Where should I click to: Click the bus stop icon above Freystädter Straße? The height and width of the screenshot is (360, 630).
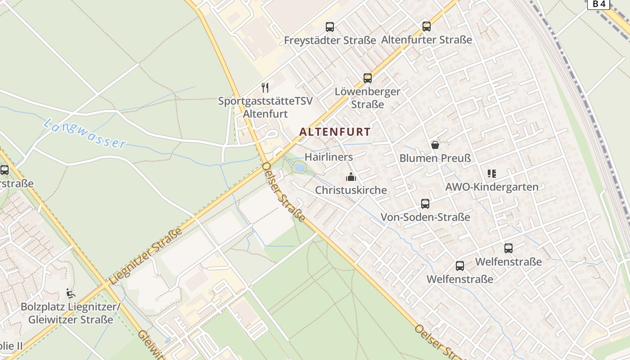pyautogui.click(x=330, y=27)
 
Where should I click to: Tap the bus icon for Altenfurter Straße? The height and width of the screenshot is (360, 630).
pyautogui.click(x=427, y=27)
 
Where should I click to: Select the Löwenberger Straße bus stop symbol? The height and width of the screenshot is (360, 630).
pyautogui.click(x=368, y=78)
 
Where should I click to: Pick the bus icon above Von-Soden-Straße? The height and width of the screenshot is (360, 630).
pyautogui.click(x=425, y=204)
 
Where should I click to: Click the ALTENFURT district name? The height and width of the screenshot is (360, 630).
pyautogui.click(x=335, y=132)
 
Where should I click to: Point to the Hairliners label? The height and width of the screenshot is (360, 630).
pyautogui.click(x=328, y=157)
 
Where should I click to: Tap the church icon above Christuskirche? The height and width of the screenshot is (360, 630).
pyautogui.click(x=351, y=177)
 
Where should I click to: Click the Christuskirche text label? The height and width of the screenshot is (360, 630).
pyautogui.click(x=351, y=190)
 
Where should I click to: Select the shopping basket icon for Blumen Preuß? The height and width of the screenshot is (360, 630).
pyautogui.click(x=435, y=145)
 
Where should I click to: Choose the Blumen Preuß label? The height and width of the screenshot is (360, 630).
pyautogui.click(x=435, y=158)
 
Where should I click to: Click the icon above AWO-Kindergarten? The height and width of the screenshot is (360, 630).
pyautogui.click(x=492, y=174)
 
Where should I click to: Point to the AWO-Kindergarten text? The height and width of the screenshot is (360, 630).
pyautogui.click(x=492, y=187)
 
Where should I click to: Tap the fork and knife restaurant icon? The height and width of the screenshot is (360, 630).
pyautogui.click(x=265, y=87)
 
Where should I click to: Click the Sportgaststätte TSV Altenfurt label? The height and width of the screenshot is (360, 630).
pyautogui.click(x=265, y=107)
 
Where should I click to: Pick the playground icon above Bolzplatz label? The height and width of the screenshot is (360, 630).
pyautogui.click(x=70, y=293)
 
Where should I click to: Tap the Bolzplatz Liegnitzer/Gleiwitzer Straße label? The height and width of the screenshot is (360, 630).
pyautogui.click(x=71, y=314)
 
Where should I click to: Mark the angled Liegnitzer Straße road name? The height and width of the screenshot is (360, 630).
pyautogui.click(x=145, y=256)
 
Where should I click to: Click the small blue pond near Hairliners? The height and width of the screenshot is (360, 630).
pyautogui.click(x=299, y=168)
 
